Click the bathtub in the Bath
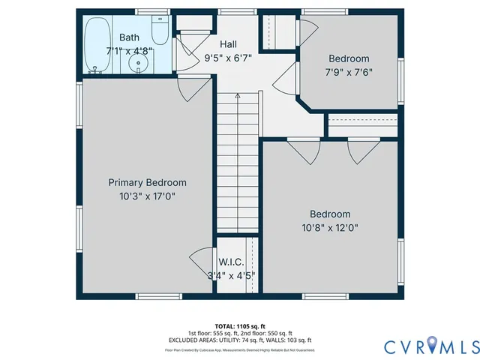(96, 45)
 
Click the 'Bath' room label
(129, 37)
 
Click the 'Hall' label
(229, 44)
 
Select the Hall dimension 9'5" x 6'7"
(229, 58)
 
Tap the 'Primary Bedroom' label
(147, 182)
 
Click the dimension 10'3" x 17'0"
(147, 196)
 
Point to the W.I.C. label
(231, 262)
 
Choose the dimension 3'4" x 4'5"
(231, 275)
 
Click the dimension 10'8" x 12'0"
(330, 227)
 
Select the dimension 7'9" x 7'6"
(349, 73)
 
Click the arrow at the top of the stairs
(238, 97)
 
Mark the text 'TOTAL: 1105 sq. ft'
(240, 325)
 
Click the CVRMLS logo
(430, 346)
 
